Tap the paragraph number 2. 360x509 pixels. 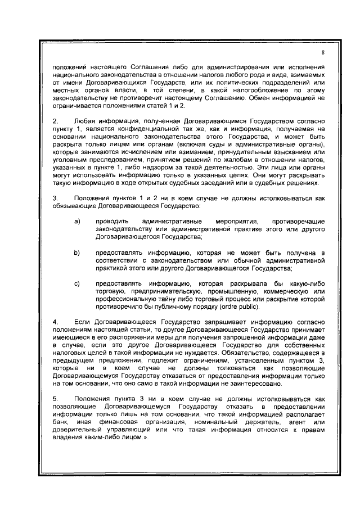coord(55,121)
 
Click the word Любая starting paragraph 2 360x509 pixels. coord(85,121)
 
